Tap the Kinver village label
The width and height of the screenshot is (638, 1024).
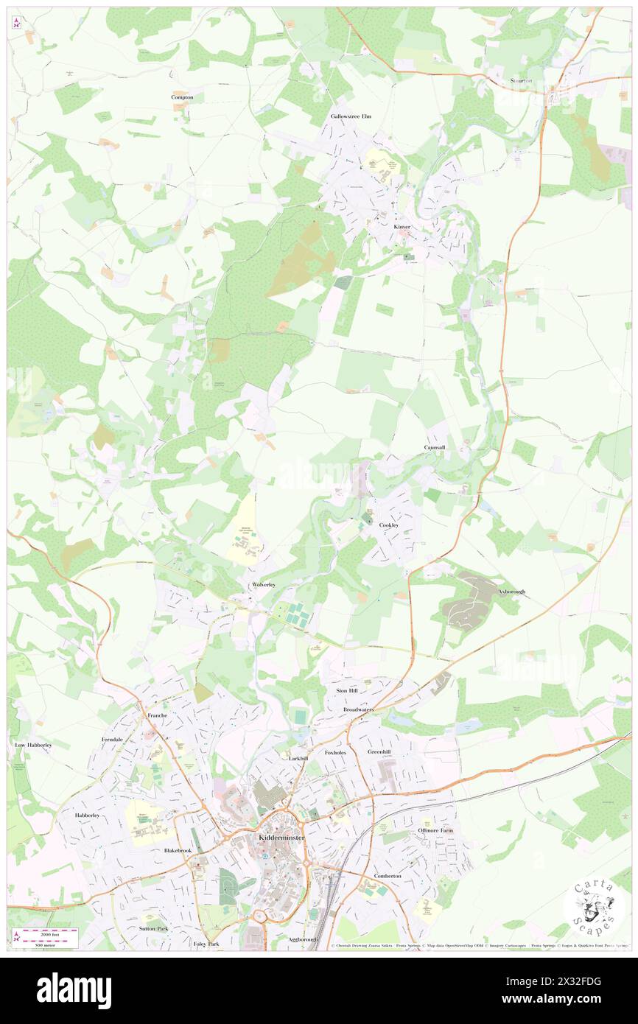click(x=402, y=227)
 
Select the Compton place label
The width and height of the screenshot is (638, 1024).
click(x=182, y=97)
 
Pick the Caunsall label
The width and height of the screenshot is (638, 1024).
click(x=434, y=447)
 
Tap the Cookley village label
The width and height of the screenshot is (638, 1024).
click(x=389, y=525)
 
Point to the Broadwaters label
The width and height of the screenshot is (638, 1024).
click(x=359, y=709)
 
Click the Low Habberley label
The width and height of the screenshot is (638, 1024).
click(x=33, y=745)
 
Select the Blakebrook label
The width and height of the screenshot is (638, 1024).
click(x=178, y=850)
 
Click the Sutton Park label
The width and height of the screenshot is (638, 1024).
click(x=154, y=928)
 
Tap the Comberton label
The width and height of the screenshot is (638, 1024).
click(x=388, y=876)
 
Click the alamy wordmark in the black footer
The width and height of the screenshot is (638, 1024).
click(x=74, y=990)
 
